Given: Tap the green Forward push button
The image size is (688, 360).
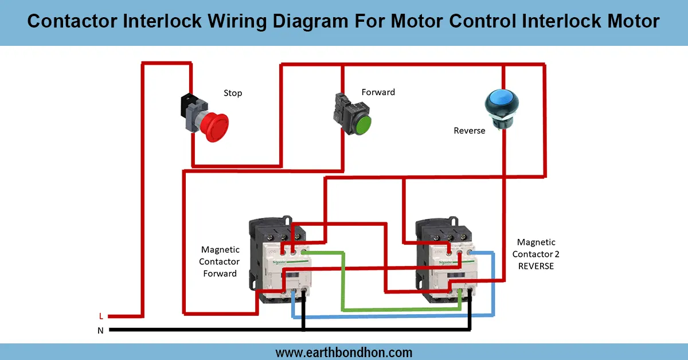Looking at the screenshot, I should click(x=362, y=124).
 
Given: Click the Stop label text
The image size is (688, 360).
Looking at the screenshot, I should click(x=233, y=93).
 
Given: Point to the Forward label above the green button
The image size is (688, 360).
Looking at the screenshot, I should click(x=378, y=92).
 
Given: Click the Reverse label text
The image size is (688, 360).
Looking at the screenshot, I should click(x=469, y=131).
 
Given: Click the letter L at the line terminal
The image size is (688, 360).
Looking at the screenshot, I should click(x=101, y=316).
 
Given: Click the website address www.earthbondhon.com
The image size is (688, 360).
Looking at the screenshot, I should click(x=343, y=352).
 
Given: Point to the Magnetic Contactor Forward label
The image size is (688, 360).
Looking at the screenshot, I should click(x=220, y=261).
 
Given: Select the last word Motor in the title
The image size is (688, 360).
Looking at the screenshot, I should click(x=631, y=22).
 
